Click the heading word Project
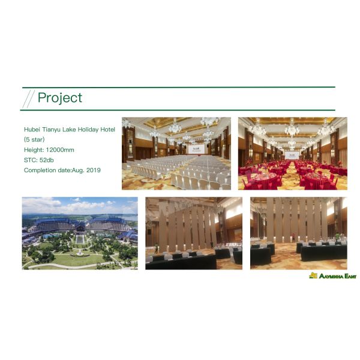(x=59, y=98)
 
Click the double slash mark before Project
(x=28, y=98)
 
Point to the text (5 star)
(x=34, y=139)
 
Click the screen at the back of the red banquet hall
(x=292, y=155)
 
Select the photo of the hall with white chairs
(x=176, y=154)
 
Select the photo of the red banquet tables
(x=292, y=154)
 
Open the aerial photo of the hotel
(x=80, y=233)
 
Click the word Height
(x=33, y=149)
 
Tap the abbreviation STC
(x=31, y=160)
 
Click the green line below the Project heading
(x=180, y=110)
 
